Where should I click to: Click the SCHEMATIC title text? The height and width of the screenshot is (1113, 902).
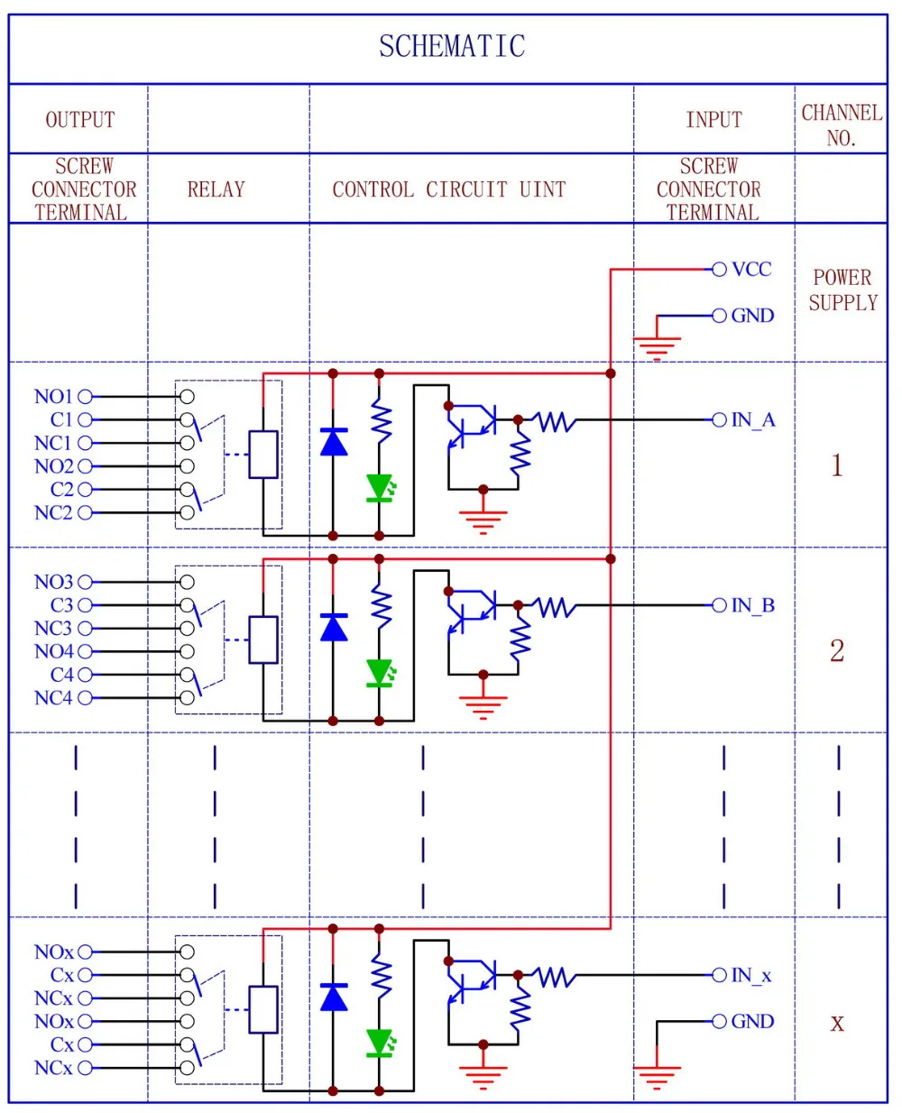452,46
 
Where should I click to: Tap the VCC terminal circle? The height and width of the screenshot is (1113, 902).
719,270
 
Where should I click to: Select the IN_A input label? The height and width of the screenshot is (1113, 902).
753,419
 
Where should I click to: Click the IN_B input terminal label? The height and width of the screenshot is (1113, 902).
753,605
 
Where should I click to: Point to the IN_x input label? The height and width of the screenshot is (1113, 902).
751,975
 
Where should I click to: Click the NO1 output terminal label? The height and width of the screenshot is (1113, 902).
53,397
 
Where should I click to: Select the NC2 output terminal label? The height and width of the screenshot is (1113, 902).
53,512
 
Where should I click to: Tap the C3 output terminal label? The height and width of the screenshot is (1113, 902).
61,605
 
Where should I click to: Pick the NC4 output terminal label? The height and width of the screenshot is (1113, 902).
53,697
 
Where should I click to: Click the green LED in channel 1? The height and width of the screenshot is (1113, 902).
381,488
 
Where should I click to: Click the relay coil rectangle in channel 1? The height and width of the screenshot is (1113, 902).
262,455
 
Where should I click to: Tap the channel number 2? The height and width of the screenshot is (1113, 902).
837,651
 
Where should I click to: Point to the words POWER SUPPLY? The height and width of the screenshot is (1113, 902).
842,290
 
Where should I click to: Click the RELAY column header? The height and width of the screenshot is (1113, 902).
216,189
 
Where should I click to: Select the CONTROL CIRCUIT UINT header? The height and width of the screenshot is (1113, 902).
449,189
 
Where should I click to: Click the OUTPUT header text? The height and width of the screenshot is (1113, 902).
80,120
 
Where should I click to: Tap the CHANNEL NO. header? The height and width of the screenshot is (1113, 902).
842,124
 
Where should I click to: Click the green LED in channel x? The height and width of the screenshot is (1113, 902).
381,1044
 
